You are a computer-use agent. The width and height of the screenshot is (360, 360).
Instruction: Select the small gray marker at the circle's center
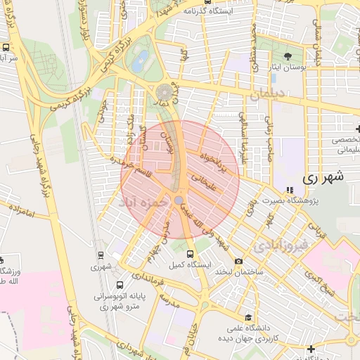coord(179,200)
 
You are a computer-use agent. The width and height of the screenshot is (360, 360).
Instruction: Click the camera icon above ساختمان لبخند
coord(238,262)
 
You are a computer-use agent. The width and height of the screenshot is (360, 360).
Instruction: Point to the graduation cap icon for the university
coord(247,318)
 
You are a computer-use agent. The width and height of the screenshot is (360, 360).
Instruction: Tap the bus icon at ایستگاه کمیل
coord(191,254)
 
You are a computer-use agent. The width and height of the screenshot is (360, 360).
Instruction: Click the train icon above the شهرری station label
coord(101,256)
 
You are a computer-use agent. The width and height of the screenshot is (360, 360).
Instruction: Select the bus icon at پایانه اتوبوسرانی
coord(120,285)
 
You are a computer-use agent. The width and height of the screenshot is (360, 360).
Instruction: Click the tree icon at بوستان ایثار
coord(287,56)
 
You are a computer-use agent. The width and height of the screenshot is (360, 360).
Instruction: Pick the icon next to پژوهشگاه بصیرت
coord(290,190)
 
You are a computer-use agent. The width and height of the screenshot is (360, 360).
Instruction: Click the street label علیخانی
coord(216,183)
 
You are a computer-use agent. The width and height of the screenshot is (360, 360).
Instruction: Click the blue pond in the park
coord(141,59)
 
